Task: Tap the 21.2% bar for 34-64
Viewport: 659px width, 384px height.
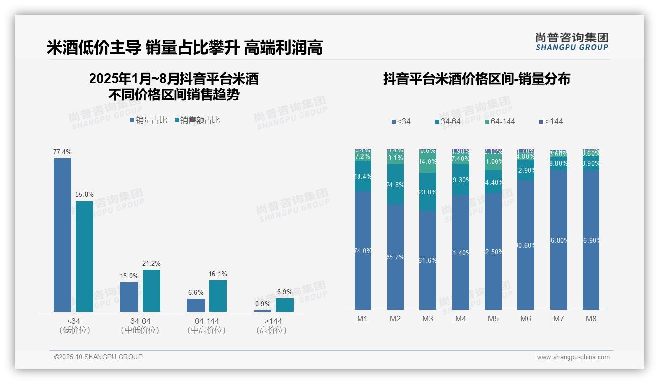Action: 151,290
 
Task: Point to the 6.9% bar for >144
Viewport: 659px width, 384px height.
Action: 285,305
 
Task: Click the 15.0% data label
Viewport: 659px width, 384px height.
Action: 129,276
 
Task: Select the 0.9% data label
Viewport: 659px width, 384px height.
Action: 263,304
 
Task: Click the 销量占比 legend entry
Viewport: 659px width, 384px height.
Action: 149,120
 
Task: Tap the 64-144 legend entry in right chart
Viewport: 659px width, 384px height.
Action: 500,121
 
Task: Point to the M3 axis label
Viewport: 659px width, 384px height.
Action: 428,319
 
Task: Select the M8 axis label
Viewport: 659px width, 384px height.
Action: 591,319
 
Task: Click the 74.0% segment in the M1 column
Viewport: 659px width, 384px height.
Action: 362,250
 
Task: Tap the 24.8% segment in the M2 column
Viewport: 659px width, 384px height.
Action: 395,185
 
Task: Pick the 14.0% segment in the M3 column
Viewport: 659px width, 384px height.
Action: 428,162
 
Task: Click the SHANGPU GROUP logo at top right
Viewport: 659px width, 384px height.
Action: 572,42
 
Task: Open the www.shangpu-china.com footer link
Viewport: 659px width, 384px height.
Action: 573,357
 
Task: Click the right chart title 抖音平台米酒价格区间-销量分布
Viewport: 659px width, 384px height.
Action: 477,79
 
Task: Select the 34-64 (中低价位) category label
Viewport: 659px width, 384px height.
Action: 140,326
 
